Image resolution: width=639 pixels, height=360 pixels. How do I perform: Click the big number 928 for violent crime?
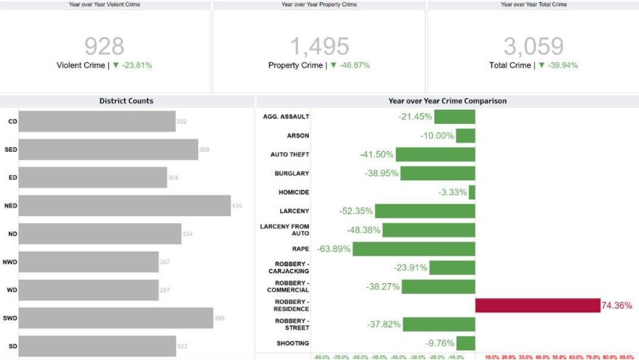pyautogui.click(x=104, y=46)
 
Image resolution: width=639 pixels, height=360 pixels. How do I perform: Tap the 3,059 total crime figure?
pyautogui.click(x=533, y=46)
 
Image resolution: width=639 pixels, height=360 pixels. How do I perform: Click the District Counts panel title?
pyautogui.click(x=126, y=101)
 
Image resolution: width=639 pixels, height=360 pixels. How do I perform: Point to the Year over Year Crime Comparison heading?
pyautogui.click(x=447, y=101)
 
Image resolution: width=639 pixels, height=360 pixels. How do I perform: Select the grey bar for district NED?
pyautogui.click(x=124, y=206)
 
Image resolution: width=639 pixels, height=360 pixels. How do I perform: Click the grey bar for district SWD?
pyautogui.click(x=116, y=318)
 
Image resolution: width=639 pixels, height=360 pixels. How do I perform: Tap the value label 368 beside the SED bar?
pyautogui.click(x=204, y=150)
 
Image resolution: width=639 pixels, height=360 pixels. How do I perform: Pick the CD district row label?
pyautogui.click(x=12, y=121)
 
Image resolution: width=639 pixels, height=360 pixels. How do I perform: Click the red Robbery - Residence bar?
pyautogui.click(x=538, y=305)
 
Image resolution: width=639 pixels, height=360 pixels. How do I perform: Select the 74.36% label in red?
pyautogui.click(x=616, y=305)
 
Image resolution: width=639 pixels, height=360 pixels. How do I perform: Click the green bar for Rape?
pyautogui.click(x=414, y=249)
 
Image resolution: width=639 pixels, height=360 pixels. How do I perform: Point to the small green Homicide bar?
pyautogui.click(x=472, y=192)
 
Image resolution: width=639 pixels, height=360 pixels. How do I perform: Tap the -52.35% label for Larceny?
pyautogui.click(x=356, y=211)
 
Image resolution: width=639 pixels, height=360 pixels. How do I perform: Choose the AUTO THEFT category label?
pyautogui.click(x=290, y=155)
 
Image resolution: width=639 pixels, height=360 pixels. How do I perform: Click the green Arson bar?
pyautogui.click(x=465, y=136)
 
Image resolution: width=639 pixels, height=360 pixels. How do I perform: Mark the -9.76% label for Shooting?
pyautogui.click(x=440, y=343)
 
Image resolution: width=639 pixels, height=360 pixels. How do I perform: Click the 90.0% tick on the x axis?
pyautogui.click(x=626, y=357)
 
